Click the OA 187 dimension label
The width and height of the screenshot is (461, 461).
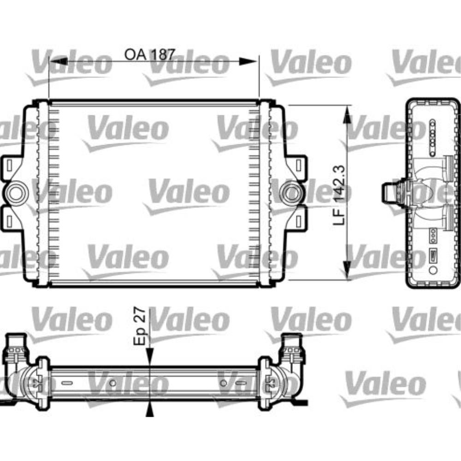point(149,54)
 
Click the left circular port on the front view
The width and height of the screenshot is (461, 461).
point(17,193)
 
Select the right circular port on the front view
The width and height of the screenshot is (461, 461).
point(291,193)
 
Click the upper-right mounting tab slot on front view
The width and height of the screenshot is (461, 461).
point(299,164)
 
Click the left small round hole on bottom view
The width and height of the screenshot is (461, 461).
point(113,383)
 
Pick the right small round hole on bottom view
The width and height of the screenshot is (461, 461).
point(224,383)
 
